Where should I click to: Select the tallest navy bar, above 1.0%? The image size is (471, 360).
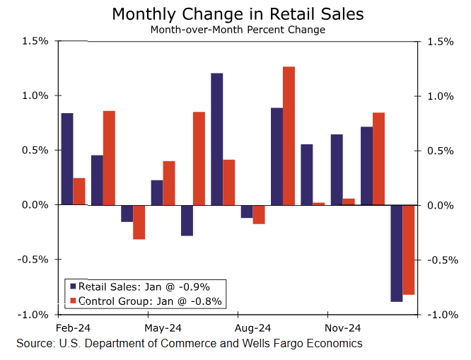[x=216, y=139]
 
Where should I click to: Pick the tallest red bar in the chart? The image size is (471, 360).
[x=289, y=135]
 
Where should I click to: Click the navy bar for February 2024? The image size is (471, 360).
[x=67, y=158]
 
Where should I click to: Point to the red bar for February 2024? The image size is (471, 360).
[x=79, y=191]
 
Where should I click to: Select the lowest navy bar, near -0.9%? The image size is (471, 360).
[x=397, y=252]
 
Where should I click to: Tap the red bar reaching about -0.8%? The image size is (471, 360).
[x=409, y=249]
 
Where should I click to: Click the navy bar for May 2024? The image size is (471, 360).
[x=156, y=192]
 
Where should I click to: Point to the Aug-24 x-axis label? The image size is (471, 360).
[x=253, y=328]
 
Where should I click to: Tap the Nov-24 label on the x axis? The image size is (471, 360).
[x=343, y=328]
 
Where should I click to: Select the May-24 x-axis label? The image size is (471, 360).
[x=163, y=328]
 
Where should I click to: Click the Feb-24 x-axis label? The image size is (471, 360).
[x=72, y=328]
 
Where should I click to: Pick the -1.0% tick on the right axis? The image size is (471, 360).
[x=437, y=315]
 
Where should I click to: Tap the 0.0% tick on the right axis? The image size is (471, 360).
[x=437, y=205]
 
